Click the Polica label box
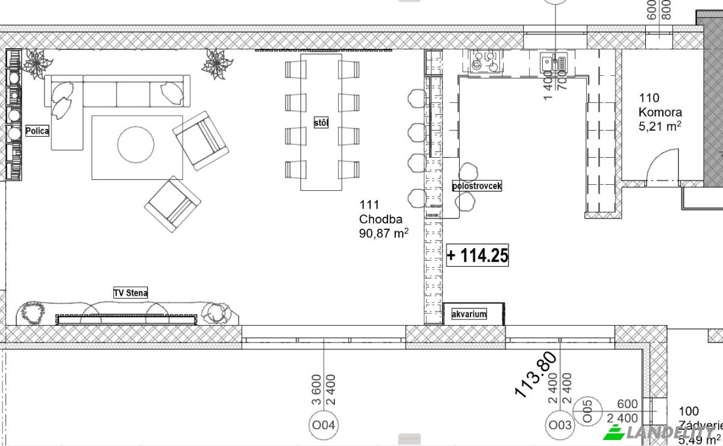37,131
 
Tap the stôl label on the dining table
321,123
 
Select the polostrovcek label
477,186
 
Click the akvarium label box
469,314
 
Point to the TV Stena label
131,293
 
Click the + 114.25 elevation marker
477,256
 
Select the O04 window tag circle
324,426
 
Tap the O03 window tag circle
560,426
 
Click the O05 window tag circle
588,411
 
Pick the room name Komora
660,112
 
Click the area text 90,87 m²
384,234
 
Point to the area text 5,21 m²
660,126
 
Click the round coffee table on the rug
136,144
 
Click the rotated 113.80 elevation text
535,375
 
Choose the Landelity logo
663,432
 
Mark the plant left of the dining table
217,63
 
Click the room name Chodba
380,219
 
